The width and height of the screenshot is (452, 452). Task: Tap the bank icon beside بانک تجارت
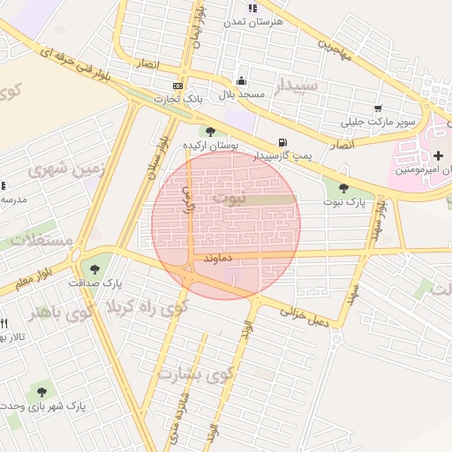point(178,86)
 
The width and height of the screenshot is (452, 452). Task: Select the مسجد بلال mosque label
point(236,94)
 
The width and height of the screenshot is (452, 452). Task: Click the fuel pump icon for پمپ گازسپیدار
point(282,142)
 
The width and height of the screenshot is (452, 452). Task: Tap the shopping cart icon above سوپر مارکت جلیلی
point(379,109)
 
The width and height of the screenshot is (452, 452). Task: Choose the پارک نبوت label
point(343,202)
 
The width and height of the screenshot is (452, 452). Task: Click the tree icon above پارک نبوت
point(343,187)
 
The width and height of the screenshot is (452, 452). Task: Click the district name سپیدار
point(295,87)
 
